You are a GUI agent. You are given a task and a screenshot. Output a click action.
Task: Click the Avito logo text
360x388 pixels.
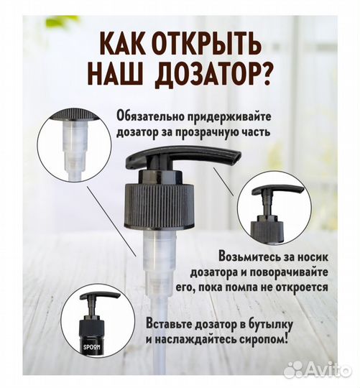coord(327,369)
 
